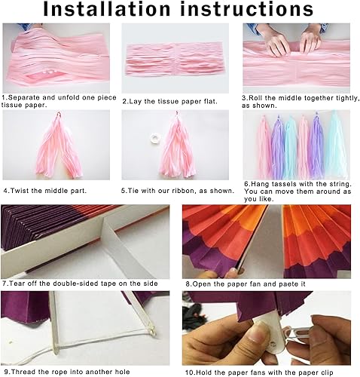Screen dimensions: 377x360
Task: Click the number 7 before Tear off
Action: point(5,284)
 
